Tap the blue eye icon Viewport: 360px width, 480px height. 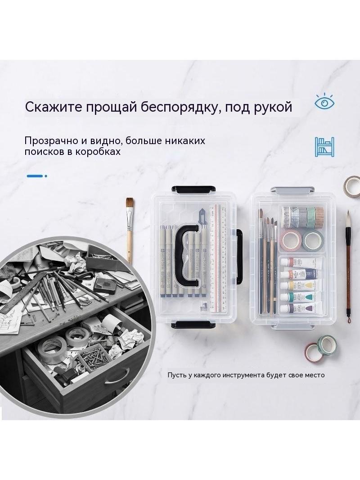(x=324, y=103)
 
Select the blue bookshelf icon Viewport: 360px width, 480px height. (x=324, y=147)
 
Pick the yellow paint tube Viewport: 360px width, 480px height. (x=301, y=285)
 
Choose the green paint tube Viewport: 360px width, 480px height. (x=301, y=296)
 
